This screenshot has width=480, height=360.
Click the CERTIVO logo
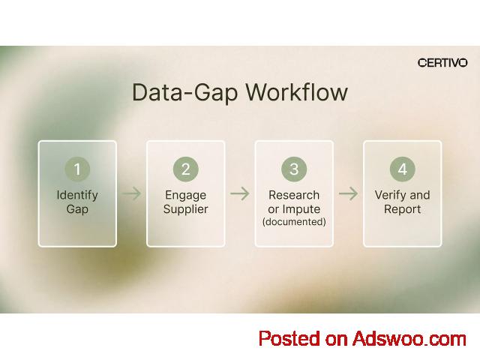pos(442,63)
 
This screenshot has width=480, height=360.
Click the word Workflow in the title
pos(297,91)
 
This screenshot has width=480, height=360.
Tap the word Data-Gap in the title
pos(185,93)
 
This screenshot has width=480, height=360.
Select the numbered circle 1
pos(77,169)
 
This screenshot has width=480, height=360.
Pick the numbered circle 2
pos(186,169)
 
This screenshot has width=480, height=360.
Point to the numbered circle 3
pos(294,169)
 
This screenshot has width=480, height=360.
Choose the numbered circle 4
pos(403,169)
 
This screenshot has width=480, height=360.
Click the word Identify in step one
pos(77,196)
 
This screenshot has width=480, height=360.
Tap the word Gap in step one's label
pos(77,210)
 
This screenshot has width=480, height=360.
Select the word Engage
pos(186,196)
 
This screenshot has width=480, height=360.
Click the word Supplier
pos(186,210)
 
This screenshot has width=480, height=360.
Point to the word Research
pos(294,195)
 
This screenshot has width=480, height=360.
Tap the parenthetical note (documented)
pos(294,222)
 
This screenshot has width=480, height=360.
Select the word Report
pos(403,209)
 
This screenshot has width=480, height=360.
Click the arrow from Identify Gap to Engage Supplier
pos(132,193)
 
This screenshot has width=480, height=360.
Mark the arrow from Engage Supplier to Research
pos(240,193)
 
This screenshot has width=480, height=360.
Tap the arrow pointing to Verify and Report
pos(348,193)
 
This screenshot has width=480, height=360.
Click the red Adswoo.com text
pos(409,339)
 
